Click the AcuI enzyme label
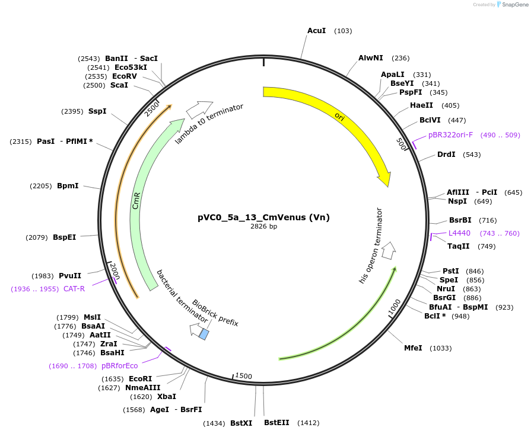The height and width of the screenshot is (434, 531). [x=316, y=30]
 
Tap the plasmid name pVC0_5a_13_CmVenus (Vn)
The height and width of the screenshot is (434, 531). [x=263, y=217]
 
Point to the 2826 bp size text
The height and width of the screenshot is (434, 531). [x=263, y=227]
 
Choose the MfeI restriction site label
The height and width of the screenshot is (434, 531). [x=413, y=348]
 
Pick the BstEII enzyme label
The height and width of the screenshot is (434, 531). [x=276, y=423]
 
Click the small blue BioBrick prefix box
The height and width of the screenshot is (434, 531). [x=204, y=335]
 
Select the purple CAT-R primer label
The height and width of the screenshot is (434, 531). [x=74, y=289]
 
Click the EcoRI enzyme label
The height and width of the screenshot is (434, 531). [x=140, y=379]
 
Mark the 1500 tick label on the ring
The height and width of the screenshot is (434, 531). [x=244, y=377]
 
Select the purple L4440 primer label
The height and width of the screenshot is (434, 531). [x=459, y=233]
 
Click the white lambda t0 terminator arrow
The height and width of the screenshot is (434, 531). [x=199, y=108]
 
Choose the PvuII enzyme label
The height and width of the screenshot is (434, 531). [x=70, y=276]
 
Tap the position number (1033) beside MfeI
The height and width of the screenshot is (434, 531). [x=440, y=348]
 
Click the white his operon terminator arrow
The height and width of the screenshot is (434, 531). [x=389, y=250]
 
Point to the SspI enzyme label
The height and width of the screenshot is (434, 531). [x=97, y=111]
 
